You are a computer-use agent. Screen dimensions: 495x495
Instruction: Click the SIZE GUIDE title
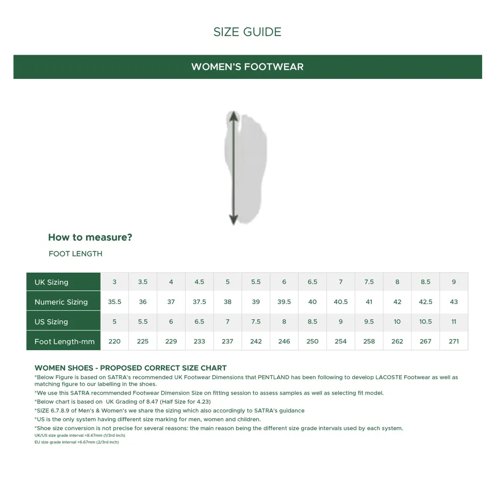coord(247,32)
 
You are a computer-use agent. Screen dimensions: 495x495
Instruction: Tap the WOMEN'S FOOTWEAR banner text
coord(247,67)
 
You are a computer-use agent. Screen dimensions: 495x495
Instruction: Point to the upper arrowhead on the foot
coord(234,115)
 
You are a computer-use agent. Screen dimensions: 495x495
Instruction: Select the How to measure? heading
coord(90,237)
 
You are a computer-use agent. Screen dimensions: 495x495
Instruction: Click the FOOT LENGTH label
coord(75,254)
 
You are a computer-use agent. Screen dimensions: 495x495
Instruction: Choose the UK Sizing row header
coord(52,282)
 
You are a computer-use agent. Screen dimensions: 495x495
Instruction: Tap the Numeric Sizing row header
coord(61,302)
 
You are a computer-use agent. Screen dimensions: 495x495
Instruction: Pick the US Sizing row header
coord(51,322)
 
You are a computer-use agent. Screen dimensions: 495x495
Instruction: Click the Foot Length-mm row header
coord(65,341)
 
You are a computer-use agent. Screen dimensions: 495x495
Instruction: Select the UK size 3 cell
coord(114,282)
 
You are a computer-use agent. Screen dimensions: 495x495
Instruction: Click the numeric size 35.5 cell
coord(114,302)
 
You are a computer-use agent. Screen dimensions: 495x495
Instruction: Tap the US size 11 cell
coord(454,322)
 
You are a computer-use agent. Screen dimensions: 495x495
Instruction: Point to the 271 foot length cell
coord(454,341)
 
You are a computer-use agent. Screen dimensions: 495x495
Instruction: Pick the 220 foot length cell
coord(114,341)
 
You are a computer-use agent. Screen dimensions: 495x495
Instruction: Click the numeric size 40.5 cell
coord(341,302)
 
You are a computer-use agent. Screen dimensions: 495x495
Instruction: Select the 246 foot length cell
coord(284,341)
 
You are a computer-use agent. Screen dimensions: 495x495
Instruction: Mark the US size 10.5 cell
coord(425,322)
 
